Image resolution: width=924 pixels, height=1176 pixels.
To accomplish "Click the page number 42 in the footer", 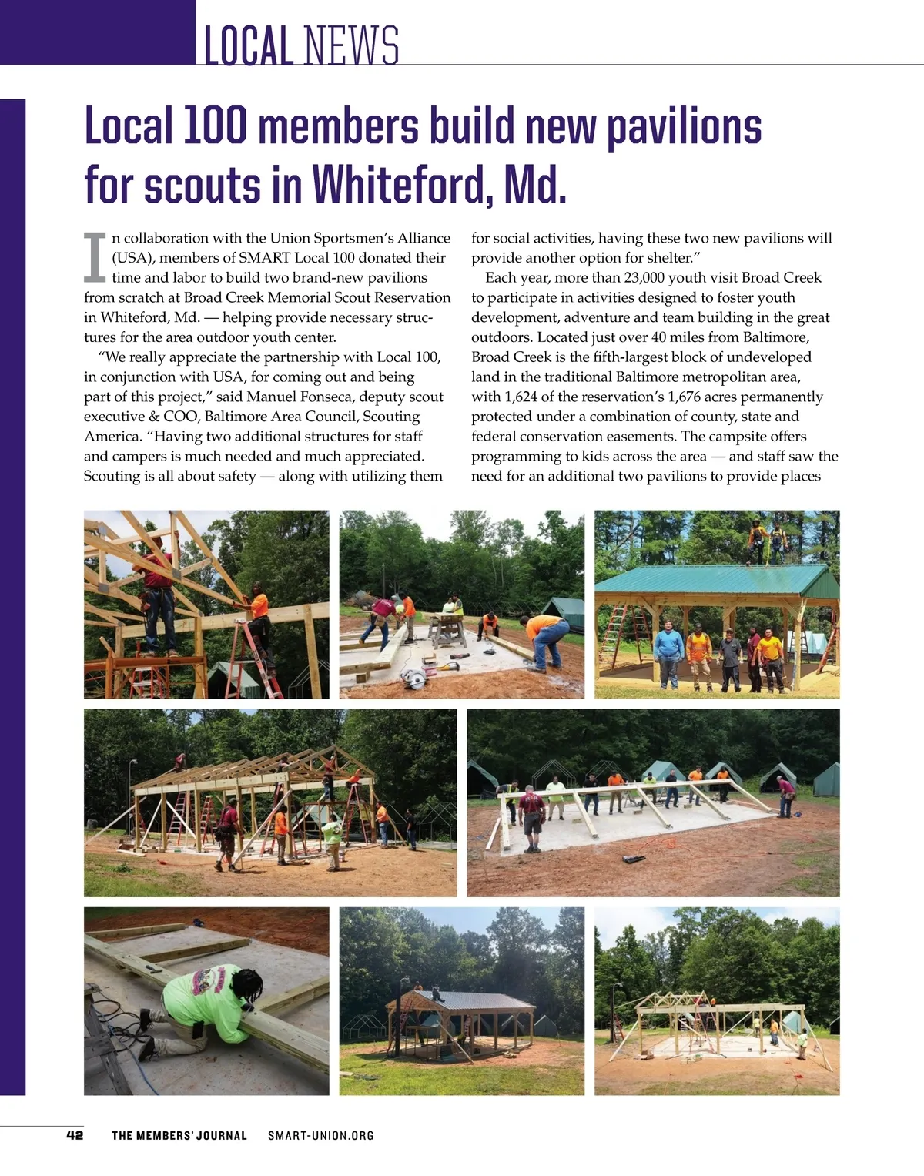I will click(75, 1135).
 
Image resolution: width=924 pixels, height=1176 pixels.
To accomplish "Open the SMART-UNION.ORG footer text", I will click(321, 1135).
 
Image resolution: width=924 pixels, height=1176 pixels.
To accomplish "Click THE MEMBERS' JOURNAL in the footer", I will click(179, 1135).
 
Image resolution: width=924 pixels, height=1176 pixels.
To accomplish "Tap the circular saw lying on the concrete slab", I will click(416, 677).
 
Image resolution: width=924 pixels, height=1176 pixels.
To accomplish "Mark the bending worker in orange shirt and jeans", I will click(547, 639).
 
